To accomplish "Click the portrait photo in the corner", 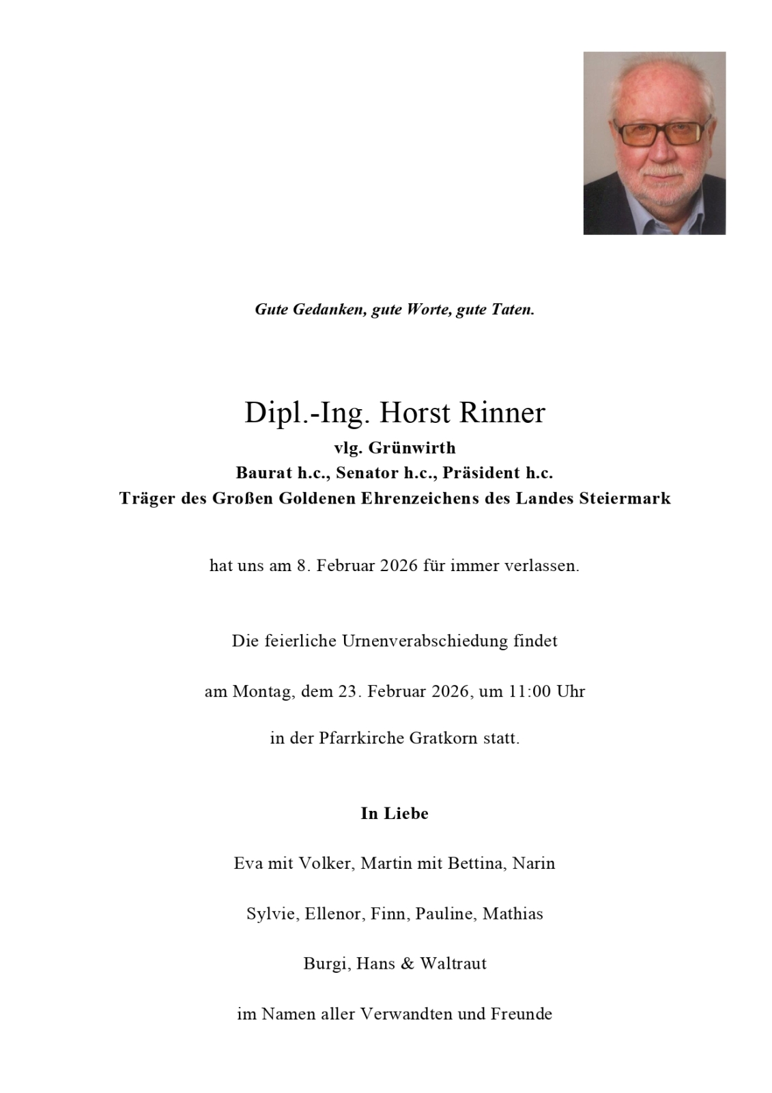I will click(654, 143).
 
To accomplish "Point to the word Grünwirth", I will click(412, 448).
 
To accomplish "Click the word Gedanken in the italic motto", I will click(330, 309).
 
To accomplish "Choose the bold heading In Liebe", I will click(395, 814).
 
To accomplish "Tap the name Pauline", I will click(444, 914).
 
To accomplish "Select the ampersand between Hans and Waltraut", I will click(408, 964).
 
